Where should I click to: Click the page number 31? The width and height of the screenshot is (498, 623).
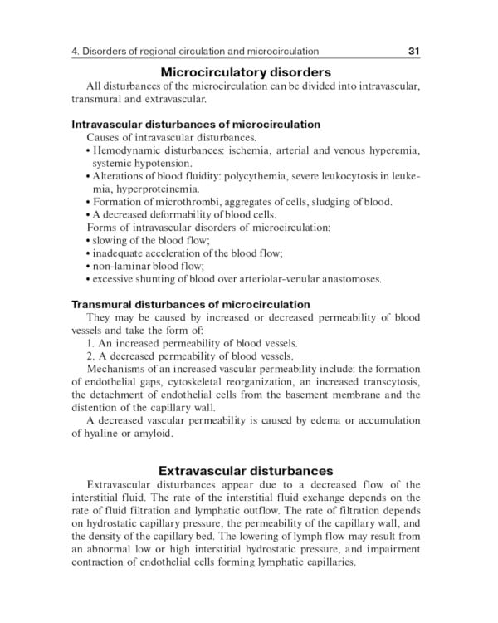[415, 52]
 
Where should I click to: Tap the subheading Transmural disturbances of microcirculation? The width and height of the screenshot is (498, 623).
[191, 305]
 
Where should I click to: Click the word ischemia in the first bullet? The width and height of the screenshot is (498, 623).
[254, 150]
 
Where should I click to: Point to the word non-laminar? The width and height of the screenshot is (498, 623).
[123, 266]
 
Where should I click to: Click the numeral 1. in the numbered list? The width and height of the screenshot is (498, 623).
[91, 343]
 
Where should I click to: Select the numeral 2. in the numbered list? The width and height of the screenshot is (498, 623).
[91, 356]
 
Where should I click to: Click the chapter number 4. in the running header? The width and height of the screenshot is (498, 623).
[76, 52]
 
